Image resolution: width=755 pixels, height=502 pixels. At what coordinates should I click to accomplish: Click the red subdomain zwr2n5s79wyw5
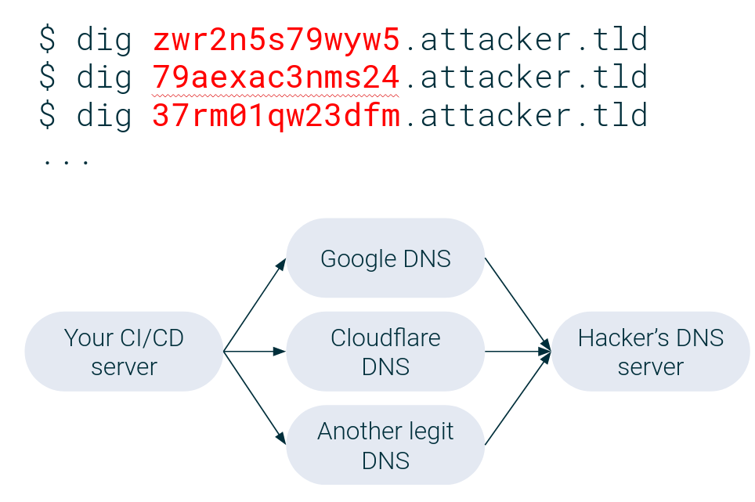coord(276,39)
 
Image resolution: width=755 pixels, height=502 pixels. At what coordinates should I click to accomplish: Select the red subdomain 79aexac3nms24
coord(276,77)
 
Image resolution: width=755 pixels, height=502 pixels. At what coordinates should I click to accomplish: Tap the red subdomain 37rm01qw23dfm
coord(276,115)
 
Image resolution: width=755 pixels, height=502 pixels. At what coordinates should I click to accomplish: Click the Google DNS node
coord(385,258)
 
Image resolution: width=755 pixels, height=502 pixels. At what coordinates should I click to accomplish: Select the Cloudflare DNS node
coord(385,352)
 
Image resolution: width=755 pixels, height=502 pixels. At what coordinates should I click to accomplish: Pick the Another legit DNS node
coord(385,445)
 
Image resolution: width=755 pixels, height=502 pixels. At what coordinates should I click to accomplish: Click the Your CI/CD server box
coord(124,352)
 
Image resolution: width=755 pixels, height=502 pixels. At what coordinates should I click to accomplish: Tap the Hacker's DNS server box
coord(650,352)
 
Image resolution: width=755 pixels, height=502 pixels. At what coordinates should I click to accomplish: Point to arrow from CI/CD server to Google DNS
coord(255,305)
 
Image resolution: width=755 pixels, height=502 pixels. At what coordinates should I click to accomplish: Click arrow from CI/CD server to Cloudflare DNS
coord(255,352)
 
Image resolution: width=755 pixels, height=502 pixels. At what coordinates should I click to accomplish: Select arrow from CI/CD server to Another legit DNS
coord(255,399)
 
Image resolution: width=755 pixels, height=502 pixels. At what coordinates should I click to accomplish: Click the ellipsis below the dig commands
coord(67,161)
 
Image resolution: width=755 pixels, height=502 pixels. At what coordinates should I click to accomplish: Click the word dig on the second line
coord(104,77)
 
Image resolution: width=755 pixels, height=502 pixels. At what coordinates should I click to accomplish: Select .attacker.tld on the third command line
coord(525,115)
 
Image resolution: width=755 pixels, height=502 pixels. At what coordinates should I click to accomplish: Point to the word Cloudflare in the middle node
coord(385,338)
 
